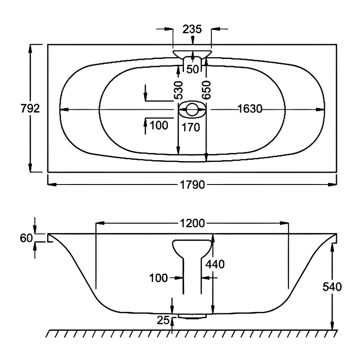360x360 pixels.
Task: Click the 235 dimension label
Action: (x=192, y=29)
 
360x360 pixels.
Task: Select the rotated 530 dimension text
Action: (x=179, y=90)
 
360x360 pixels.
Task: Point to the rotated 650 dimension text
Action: (x=207, y=90)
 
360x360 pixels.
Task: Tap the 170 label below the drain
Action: (x=191, y=127)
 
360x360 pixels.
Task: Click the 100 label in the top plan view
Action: (x=158, y=125)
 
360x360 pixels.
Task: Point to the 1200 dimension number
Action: (x=193, y=222)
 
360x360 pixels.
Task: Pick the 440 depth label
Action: (x=215, y=264)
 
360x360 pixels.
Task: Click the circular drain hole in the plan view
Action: (x=192, y=109)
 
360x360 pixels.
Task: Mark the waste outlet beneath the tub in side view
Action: (x=192, y=316)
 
